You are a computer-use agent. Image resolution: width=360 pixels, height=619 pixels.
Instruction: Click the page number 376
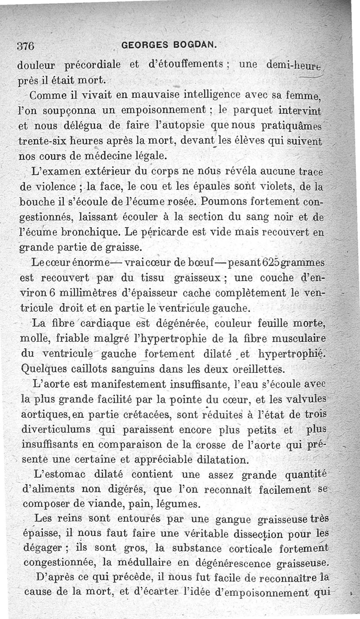click(26, 45)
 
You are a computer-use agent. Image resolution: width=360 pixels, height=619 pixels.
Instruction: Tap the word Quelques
click(42, 370)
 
